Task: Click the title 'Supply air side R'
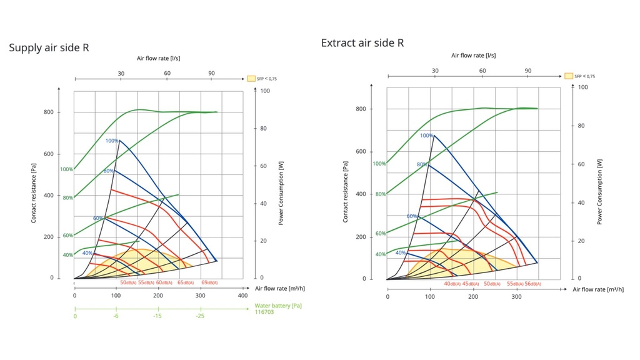[49, 47]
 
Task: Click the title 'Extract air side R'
[362, 43]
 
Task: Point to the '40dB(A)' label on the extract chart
[452, 284]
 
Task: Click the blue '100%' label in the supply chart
[112, 141]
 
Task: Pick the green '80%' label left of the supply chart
[67, 197]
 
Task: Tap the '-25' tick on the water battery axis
[199, 316]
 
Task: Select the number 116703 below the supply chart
[264, 312]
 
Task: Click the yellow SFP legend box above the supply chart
[251, 79]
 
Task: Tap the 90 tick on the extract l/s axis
[528, 71]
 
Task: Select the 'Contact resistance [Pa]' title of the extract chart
[345, 192]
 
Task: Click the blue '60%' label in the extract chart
[412, 216]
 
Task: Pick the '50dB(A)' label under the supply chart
[129, 282]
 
